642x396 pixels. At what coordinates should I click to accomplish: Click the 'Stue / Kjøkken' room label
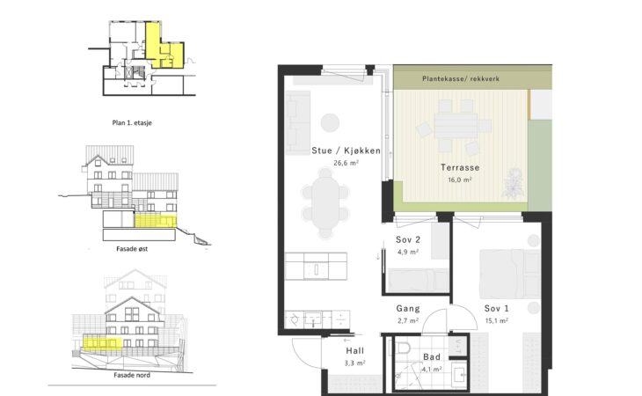[x=346, y=150]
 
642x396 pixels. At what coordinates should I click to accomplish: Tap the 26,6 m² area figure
[x=346, y=163]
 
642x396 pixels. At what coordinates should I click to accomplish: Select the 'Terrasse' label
[x=460, y=167]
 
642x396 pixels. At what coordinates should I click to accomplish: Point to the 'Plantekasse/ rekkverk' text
[x=461, y=78]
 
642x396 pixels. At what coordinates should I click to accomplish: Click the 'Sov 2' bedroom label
[x=408, y=239]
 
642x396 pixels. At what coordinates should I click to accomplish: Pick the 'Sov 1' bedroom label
[x=497, y=308]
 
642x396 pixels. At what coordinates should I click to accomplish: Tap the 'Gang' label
[x=408, y=308]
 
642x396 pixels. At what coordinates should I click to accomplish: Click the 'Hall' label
[x=354, y=350]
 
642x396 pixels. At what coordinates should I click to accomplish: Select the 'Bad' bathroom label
[x=432, y=357]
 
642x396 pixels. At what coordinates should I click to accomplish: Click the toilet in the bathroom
[x=403, y=348]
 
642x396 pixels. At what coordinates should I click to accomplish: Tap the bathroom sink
[x=460, y=372]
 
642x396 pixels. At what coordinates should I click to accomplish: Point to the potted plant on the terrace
[x=514, y=183]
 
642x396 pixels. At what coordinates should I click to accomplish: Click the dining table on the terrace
[x=456, y=125]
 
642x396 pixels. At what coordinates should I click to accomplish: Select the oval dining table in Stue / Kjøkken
[x=325, y=202]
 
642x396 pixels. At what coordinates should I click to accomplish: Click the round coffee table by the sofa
[x=330, y=122]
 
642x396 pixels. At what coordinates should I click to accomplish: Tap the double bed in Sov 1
[x=510, y=273]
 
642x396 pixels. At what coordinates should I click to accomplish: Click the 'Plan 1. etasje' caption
[x=132, y=122]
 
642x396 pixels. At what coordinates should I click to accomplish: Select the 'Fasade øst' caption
[x=132, y=248]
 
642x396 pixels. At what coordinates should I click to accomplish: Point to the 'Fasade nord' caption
[x=132, y=375]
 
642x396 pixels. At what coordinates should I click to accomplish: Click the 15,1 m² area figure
[x=497, y=320]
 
